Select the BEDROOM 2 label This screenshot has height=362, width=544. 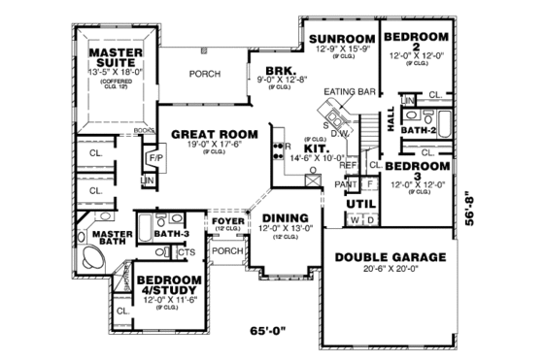[416, 43]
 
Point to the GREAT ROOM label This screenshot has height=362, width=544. [215, 134]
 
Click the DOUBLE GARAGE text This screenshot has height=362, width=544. [391, 257]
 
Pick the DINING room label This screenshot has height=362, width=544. [285, 217]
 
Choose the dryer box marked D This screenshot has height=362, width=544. [369, 220]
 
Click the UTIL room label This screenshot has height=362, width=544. [360, 204]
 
